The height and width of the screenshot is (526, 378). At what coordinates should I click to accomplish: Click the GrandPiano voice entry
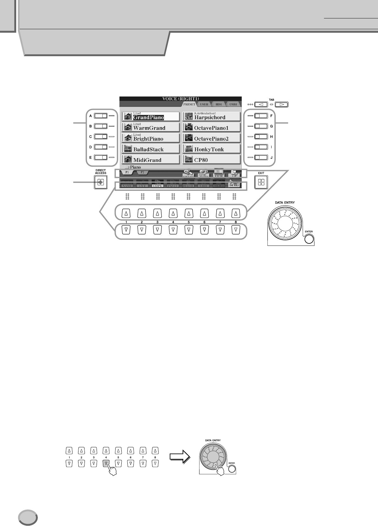pyautogui.click(x=150, y=117)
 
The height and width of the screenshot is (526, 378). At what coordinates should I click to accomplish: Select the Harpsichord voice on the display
pyautogui.click(x=212, y=117)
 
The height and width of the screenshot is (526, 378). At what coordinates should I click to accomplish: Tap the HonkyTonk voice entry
pyautogui.click(x=212, y=149)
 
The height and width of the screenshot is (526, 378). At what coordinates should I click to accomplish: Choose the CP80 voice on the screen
pyautogui.click(x=212, y=160)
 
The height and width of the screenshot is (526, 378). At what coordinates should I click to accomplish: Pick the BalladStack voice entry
pyautogui.click(x=150, y=149)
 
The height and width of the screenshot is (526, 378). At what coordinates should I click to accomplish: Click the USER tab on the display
pyautogui.click(x=204, y=104)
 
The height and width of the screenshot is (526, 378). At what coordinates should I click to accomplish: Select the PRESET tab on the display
pyautogui.click(x=189, y=104)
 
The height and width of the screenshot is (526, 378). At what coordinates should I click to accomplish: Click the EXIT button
pyautogui.click(x=261, y=182)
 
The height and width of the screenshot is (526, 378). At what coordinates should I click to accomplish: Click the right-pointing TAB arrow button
pyautogui.click(x=282, y=104)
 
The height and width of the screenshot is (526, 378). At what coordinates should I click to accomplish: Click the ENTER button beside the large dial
pyautogui.click(x=309, y=239)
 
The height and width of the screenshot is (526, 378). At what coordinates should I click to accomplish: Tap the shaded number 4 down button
pyautogui.click(x=106, y=463)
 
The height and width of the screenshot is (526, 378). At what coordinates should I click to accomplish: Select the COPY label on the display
pyautogui.click(x=158, y=185)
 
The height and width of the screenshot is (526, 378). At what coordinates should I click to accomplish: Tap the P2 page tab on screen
pyautogui.click(x=142, y=172)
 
